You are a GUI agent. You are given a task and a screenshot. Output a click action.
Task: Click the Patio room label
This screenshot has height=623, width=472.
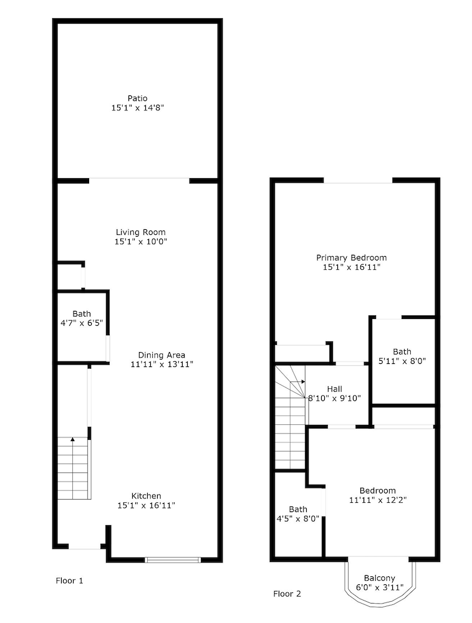point(138,98)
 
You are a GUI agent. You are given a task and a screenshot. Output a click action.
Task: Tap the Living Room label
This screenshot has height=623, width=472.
point(141,232)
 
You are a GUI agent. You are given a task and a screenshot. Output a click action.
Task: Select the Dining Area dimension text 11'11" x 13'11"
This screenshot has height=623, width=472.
point(162,364)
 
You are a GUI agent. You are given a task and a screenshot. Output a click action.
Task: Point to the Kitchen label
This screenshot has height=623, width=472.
point(147,496)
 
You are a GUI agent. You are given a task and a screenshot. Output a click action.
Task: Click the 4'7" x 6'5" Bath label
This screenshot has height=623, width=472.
point(82,318)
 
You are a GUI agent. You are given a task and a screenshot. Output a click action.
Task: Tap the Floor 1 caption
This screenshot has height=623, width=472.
point(69,581)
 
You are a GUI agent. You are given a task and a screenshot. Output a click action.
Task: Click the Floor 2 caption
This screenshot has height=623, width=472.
point(287,594)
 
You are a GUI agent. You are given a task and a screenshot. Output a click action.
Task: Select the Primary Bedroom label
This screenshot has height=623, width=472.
point(352,257)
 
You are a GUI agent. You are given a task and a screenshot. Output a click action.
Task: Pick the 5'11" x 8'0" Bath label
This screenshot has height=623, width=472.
point(402,356)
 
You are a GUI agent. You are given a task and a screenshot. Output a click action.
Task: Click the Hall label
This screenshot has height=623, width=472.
point(334,389)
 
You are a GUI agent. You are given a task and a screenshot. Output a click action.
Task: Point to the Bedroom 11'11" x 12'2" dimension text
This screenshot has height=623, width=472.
point(378,500)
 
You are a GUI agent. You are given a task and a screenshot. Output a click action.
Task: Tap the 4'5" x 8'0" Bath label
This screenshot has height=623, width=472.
point(298,514)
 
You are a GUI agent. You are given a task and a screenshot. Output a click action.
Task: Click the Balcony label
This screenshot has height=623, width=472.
point(379,578)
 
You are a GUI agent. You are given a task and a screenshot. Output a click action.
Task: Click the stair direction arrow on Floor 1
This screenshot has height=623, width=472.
point(72,439)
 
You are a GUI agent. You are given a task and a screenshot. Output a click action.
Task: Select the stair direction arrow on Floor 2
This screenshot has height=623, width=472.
point(303,382)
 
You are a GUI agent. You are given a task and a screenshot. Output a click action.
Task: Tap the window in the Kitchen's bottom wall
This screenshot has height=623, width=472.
point(173,560)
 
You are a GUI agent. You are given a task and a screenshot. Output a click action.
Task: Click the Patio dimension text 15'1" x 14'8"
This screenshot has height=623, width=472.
point(138,108)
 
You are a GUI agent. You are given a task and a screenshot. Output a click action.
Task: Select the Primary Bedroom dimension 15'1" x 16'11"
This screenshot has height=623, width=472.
point(352,267)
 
